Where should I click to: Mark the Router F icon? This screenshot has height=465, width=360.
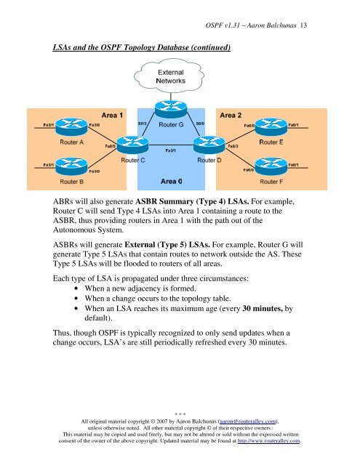pyautogui.click(x=271, y=165)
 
